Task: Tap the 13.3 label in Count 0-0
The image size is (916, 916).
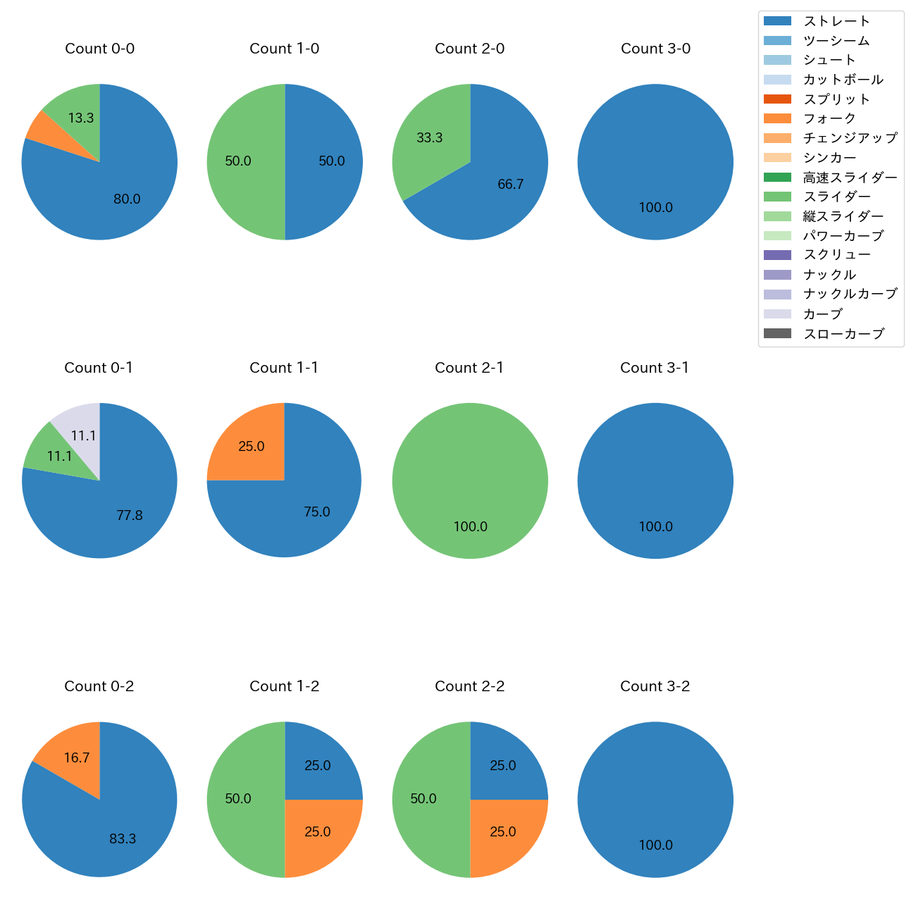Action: (x=81, y=118)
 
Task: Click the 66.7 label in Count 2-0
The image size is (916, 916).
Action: (x=510, y=185)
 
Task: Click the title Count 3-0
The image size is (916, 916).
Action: (x=655, y=49)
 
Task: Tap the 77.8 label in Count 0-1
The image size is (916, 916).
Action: (x=130, y=516)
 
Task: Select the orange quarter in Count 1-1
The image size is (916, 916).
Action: (x=252, y=447)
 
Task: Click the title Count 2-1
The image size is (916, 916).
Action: (x=469, y=368)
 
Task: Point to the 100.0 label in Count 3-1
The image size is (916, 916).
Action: (x=655, y=527)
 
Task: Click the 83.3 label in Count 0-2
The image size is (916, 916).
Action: (x=123, y=839)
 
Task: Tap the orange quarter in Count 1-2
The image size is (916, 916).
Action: (x=317, y=832)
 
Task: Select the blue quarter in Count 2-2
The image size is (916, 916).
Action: (x=502, y=766)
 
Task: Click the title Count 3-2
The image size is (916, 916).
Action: (x=655, y=686)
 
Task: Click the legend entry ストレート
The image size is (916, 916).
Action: (x=836, y=21)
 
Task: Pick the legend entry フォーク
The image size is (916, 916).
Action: (x=829, y=118)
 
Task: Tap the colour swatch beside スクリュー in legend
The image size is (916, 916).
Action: (x=777, y=255)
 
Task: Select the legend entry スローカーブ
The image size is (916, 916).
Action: (x=843, y=334)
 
